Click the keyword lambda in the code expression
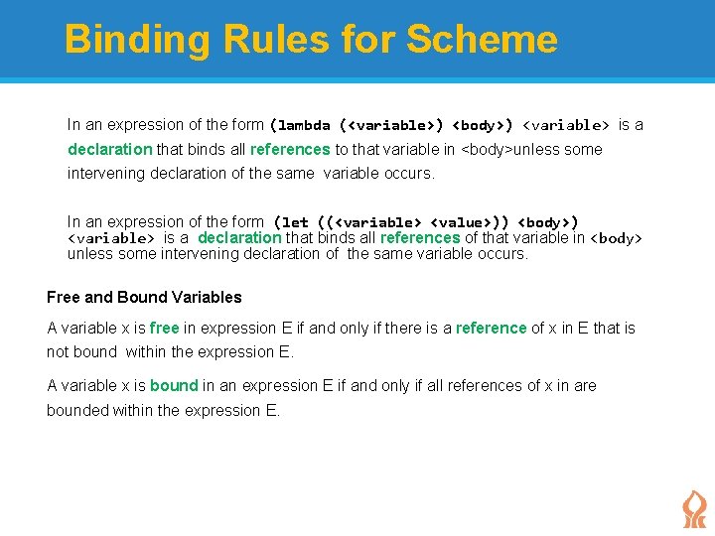(305, 125)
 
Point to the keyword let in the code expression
(295, 222)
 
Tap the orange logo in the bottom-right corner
(693, 508)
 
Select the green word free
(164, 328)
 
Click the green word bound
(174, 385)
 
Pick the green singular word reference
(491, 328)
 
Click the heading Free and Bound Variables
(144, 297)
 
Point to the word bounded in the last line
(77, 410)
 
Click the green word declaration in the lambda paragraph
(109, 150)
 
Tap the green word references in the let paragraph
(419, 238)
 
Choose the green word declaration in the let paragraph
(239, 238)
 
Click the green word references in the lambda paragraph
(290, 150)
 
